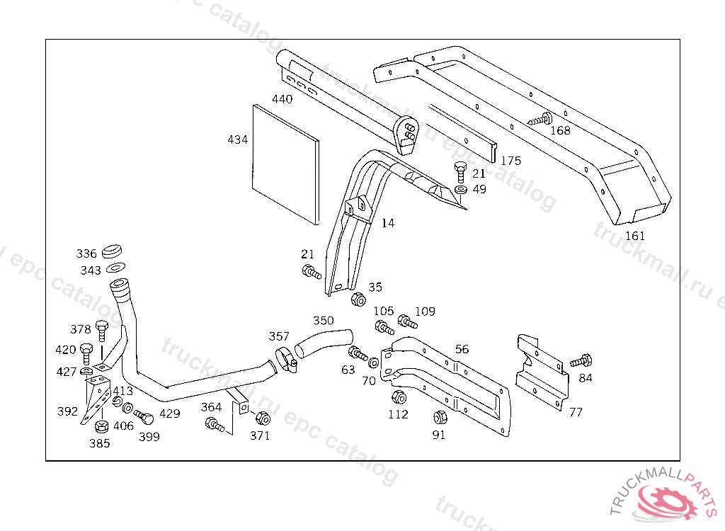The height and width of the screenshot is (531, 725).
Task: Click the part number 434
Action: click(237, 139)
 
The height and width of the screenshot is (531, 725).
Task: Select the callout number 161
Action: click(635, 236)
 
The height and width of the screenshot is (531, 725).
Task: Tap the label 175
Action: click(510, 161)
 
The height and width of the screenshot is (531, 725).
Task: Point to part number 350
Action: click(323, 321)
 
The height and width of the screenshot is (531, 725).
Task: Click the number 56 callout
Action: click(462, 349)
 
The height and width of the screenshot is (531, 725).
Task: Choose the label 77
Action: click(576, 412)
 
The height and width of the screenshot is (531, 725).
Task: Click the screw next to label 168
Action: click(542, 119)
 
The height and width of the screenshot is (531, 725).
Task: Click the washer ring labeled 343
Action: click(114, 268)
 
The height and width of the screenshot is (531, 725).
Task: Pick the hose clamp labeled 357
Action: click(285, 359)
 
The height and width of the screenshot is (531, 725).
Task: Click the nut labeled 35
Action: click(358, 299)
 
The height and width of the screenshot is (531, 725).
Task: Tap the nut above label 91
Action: click(439, 418)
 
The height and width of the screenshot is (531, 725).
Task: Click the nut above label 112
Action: click(397, 396)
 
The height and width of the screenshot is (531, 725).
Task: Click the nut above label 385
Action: click(101, 427)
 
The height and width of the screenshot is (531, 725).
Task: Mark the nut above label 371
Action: click(261, 418)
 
